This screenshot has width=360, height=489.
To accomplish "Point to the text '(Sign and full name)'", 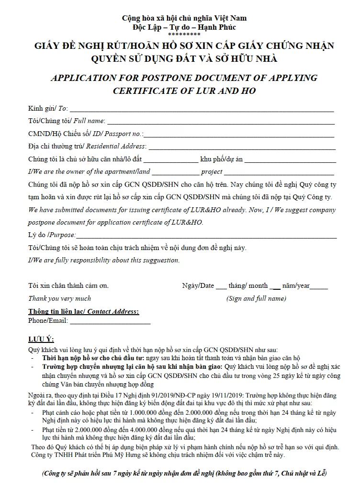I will (x=256, y=298).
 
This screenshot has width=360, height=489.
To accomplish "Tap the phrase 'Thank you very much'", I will (x=59, y=298).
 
